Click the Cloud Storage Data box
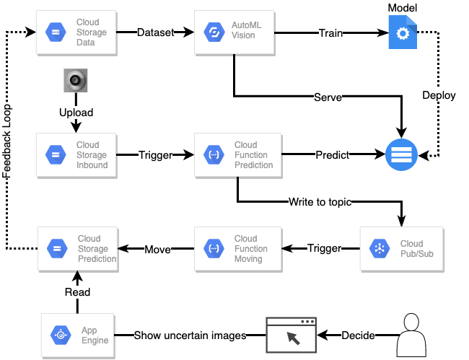pyautogui.click(x=77, y=32)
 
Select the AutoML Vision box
pyautogui.click(x=234, y=32)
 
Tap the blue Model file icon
pyautogui.click(x=403, y=32)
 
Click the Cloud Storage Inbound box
pyautogui.click(x=77, y=155)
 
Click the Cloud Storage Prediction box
pyautogui.click(x=77, y=249)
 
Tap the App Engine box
pyautogui.click(x=77, y=335)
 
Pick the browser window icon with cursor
pyautogui.click(x=292, y=335)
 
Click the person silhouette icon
pyautogui.click(x=411, y=333)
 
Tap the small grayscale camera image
pyautogui.click(x=75, y=81)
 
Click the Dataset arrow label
pyautogui.click(x=156, y=32)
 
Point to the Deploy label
pyautogui.click(x=439, y=95)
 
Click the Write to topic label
pyautogui.click(x=320, y=202)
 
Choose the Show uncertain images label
pyautogui.click(x=190, y=335)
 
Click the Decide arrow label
pyautogui.click(x=357, y=335)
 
